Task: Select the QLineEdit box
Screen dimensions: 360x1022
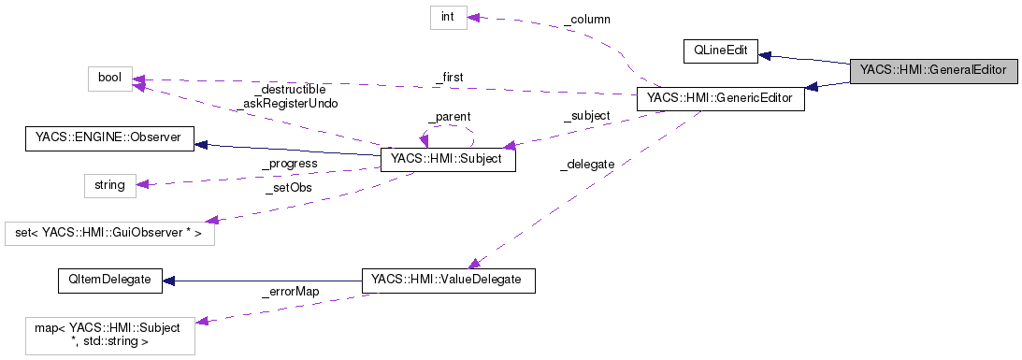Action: [x=719, y=52]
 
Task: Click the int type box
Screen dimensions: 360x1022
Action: [x=448, y=18]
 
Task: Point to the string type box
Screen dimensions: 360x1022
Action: [x=109, y=184]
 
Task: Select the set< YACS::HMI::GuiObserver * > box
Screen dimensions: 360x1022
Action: [x=109, y=233]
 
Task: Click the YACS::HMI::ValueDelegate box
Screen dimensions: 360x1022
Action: [x=447, y=281]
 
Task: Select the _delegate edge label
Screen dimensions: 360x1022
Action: [x=586, y=164]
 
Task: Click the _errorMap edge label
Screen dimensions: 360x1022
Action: [x=290, y=292]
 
